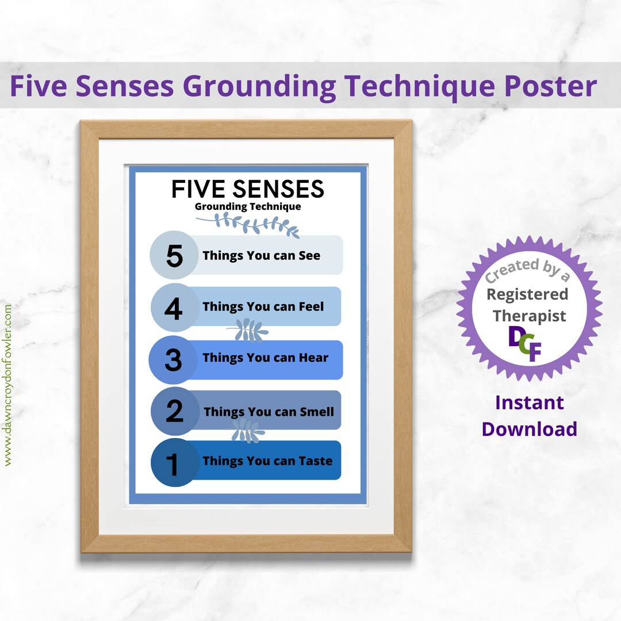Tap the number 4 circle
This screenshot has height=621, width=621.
point(174,308)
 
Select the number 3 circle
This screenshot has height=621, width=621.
point(173,359)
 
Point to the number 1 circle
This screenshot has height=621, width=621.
point(173,462)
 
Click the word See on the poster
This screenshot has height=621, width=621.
point(309,256)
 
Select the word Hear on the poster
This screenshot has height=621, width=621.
point(313,358)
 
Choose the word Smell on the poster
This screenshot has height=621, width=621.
point(317,412)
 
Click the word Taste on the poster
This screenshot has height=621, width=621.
point(315,461)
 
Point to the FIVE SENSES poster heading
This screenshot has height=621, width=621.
point(247,189)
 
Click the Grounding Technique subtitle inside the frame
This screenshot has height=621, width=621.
point(247,206)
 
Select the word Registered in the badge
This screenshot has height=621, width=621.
point(527,294)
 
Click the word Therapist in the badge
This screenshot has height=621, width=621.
point(529,316)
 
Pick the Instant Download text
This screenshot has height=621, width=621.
point(529,416)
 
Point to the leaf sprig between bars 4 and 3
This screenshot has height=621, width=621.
point(247,330)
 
